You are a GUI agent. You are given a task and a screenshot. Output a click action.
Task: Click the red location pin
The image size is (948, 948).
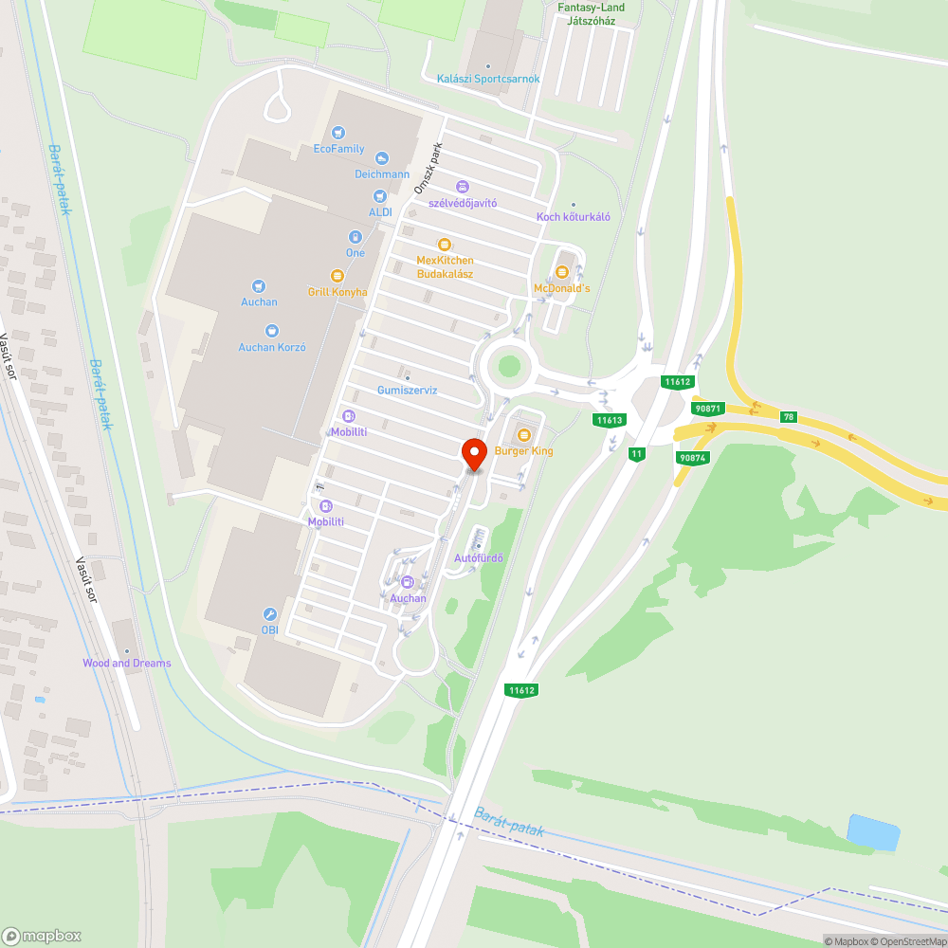point(473,452)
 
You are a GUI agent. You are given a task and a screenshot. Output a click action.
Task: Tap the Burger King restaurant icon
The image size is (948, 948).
point(523,435)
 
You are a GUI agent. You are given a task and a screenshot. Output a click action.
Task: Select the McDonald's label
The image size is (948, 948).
point(562,287)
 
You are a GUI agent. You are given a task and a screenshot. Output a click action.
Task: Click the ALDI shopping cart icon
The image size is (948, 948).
point(380,195)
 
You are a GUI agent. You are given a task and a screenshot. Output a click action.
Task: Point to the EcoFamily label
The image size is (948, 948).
point(338,149)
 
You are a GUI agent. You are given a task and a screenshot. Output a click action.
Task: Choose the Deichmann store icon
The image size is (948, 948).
point(381,158)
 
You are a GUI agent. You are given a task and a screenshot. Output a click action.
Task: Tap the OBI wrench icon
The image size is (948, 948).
point(270,614)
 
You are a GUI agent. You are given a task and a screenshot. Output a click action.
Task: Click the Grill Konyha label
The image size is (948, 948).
point(337,292)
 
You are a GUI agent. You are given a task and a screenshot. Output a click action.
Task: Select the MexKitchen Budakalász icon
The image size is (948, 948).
point(444,245)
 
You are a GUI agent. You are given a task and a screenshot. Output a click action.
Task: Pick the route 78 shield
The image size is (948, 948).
point(789,417)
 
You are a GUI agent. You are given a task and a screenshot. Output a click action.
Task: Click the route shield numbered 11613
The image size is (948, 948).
point(609,420)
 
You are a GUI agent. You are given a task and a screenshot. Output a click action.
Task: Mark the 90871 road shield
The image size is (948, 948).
point(707,408)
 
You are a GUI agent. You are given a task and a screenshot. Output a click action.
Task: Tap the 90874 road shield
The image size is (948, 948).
point(692,458)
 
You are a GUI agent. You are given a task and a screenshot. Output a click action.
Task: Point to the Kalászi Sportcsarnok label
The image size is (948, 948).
point(488,79)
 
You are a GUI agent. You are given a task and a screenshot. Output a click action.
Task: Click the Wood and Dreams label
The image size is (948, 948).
point(127,663)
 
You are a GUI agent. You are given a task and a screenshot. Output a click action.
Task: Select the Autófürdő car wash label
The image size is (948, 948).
point(478,557)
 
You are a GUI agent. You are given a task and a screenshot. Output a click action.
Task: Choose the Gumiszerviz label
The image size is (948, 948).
point(407,390)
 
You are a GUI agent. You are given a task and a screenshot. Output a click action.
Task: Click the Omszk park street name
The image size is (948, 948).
point(428,170)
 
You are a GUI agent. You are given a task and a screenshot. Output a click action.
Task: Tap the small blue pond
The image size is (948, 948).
point(872,831)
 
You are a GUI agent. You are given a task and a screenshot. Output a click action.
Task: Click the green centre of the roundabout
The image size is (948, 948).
point(510,365)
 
